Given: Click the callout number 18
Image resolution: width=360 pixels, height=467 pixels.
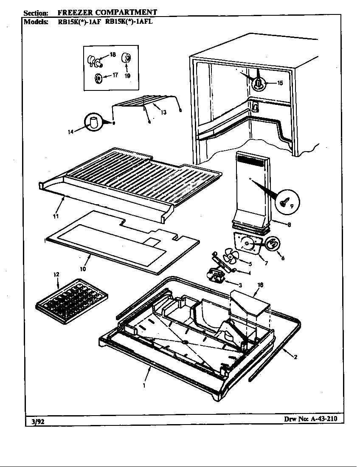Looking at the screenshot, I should click(x=113, y=54).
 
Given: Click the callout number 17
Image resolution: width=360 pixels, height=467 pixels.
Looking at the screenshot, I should click(x=115, y=76).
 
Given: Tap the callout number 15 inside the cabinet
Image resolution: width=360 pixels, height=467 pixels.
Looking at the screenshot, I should click(x=280, y=83).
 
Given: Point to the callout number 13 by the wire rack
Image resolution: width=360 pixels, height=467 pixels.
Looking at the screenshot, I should click(x=163, y=112).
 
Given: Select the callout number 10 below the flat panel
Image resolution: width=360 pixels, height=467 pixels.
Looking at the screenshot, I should click(x=83, y=269).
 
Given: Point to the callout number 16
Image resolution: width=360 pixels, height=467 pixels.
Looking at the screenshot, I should click(x=260, y=285).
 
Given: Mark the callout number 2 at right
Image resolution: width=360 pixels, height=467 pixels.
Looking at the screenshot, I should click(x=295, y=357).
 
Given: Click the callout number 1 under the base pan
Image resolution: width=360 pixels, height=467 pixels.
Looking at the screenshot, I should click(x=144, y=386).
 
